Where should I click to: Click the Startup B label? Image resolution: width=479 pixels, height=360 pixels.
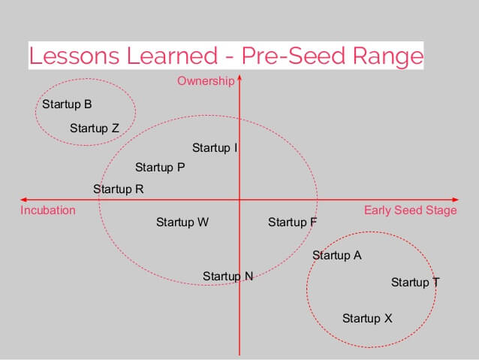pyautogui.click(x=67, y=104)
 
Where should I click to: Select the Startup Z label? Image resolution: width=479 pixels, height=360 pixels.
pyautogui.click(x=95, y=129)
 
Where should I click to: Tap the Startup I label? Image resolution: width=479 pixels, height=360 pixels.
pyautogui.click(x=215, y=148)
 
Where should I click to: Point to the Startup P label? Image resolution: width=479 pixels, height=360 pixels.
pyautogui.click(x=160, y=168)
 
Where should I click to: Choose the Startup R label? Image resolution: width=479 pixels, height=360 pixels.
pyautogui.click(x=119, y=189)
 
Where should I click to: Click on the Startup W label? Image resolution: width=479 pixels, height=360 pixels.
pyautogui.click(x=182, y=222)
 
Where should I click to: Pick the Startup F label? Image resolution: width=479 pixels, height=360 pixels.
pyautogui.click(x=292, y=222)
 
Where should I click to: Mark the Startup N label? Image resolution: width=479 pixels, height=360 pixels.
pyautogui.click(x=228, y=277)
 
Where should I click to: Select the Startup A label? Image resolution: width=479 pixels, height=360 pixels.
pyautogui.click(x=337, y=256)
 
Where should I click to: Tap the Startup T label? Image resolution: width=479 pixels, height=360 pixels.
pyautogui.click(x=415, y=283)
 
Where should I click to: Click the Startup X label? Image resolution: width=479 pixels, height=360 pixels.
pyautogui.click(x=367, y=319)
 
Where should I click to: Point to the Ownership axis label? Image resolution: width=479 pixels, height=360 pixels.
pyautogui.click(x=206, y=81)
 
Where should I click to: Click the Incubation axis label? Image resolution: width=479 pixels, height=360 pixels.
pyautogui.click(x=48, y=210)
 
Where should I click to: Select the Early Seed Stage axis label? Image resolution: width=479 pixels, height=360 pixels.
pyautogui.click(x=411, y=210)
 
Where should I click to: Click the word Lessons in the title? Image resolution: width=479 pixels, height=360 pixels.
pyautogui.click(x=74, y=56)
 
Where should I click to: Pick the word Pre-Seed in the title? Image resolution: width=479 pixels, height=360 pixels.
pyautogui.click(x=294, y=56)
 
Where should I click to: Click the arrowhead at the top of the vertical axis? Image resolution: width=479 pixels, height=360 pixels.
pyautogui.click(x=239, y=77)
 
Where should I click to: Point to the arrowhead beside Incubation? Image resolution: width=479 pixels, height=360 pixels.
pyautogui.click(x=23, y=200)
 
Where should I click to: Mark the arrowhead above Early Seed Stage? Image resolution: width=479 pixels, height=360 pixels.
pyautogui.click(x=456, y=200)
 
